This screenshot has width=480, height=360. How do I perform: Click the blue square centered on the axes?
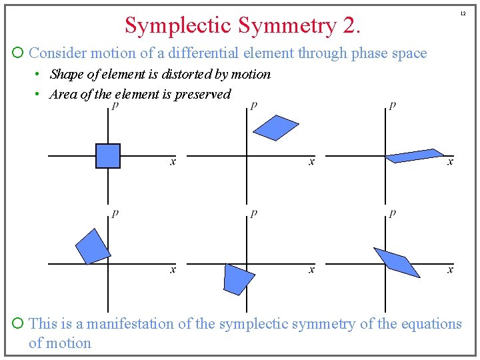tap(108, 156)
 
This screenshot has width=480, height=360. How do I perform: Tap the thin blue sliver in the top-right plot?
tap(415, 156)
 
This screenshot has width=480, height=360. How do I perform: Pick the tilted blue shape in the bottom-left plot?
tap(93, 246)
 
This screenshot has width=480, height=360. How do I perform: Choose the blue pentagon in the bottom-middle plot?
tap(238, 279)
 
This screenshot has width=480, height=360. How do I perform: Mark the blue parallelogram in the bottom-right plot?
tap(397, 261)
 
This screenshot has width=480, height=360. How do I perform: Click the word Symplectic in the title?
tap(175, 26)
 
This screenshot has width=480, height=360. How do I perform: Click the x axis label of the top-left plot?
tap(173, 162)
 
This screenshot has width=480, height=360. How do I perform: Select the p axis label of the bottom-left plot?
tap(115, 213)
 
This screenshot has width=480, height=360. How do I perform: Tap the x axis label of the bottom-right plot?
tap(450, 269)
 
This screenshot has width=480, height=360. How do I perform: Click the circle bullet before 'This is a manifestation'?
tap(19, 324)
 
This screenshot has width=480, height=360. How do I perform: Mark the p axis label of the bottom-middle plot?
tap(253, 213)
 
